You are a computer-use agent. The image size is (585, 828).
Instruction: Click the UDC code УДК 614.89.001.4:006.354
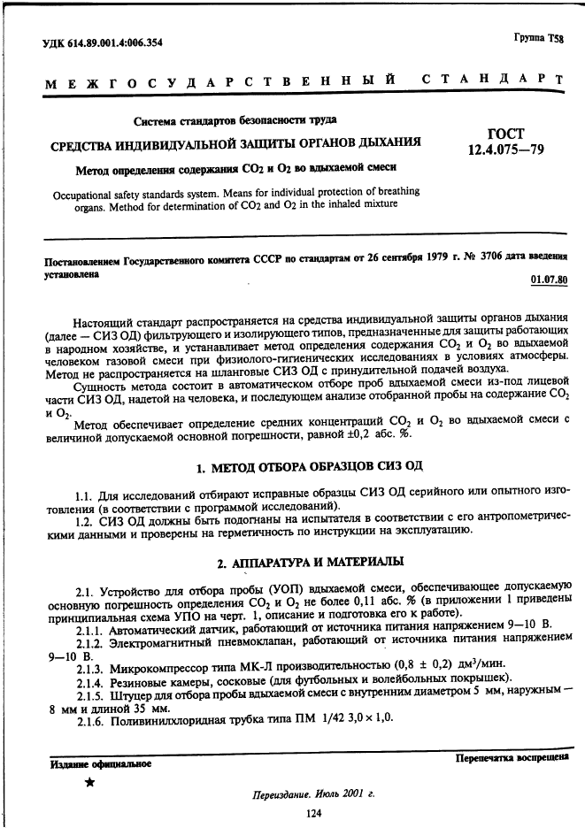104,42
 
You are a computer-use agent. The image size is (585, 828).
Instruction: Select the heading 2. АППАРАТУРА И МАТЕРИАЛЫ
310,562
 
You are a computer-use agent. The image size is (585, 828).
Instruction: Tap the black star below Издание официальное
89,783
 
